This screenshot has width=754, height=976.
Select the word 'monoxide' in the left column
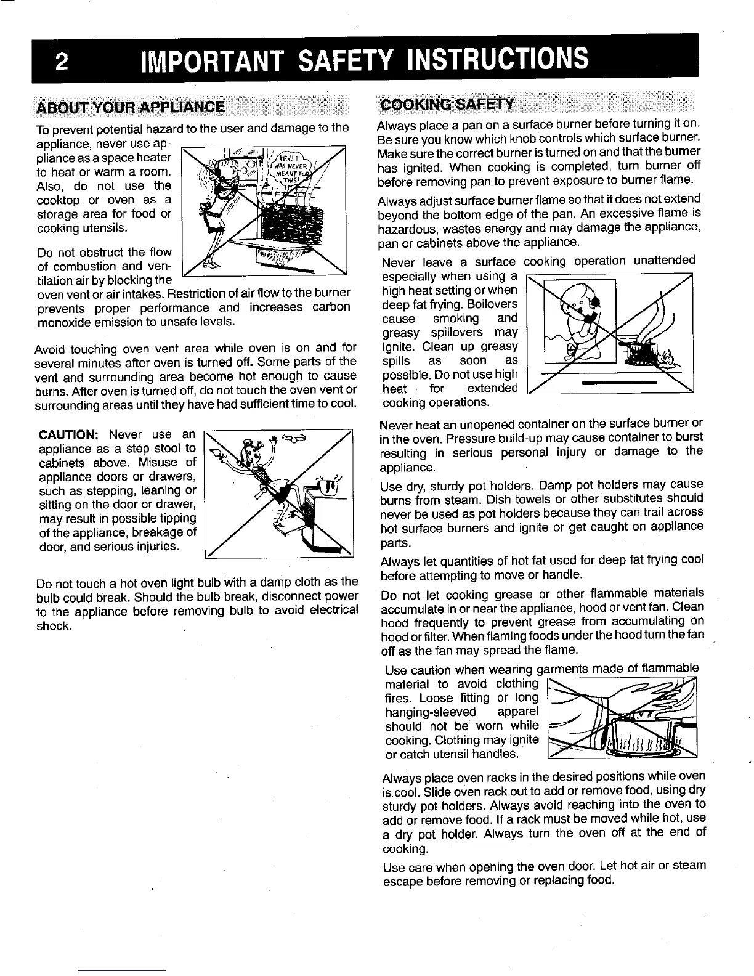click(x=65, y=321)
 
